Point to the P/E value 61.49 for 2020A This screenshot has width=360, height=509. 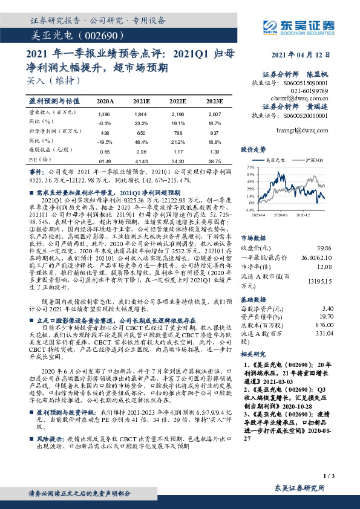click(x=104, y=161)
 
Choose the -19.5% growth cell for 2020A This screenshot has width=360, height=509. click(x=104, y=141)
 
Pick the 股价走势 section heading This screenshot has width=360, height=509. click(x=254, y=149)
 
